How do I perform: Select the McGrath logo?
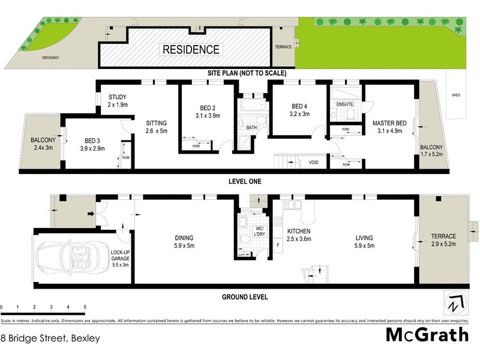tap(426, 334)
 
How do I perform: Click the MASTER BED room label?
tap(389, 124)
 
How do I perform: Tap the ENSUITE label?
tap(344, 104)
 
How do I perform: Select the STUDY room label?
tap(118, 97)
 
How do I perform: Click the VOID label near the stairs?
tap(313, 163)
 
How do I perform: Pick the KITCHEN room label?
tap(298, 231)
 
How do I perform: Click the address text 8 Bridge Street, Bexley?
tap(50, 338)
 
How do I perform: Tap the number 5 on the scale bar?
tap(85, 307)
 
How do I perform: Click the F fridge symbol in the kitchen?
tap(277, 244)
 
